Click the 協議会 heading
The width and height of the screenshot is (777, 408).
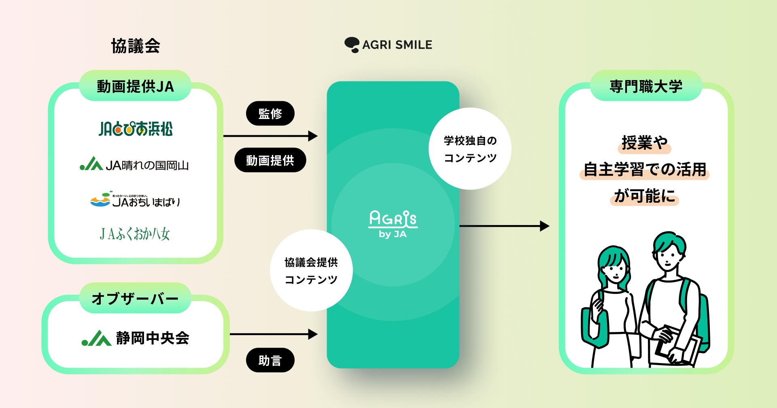136,46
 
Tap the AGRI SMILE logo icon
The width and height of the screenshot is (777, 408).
352,45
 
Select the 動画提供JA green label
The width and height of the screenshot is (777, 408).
135,86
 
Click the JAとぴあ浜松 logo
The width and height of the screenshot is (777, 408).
136,129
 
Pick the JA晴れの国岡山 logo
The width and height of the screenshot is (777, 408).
134,165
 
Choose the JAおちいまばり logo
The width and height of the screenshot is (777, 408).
135,200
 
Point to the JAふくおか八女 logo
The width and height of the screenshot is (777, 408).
135,234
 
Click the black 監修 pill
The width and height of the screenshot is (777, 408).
270,113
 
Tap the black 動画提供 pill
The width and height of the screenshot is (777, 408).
270,160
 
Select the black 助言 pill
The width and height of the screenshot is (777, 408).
270,360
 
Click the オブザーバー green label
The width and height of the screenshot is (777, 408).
135,298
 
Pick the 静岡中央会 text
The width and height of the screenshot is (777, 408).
153,338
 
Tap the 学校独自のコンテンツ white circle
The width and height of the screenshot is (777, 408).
470,149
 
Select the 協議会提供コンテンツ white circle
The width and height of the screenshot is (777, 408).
311,270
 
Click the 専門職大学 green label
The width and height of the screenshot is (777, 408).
646,86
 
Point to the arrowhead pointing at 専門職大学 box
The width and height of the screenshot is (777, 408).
545,226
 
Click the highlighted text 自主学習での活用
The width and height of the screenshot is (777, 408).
645,170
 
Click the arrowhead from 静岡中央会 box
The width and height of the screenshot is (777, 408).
313,334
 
